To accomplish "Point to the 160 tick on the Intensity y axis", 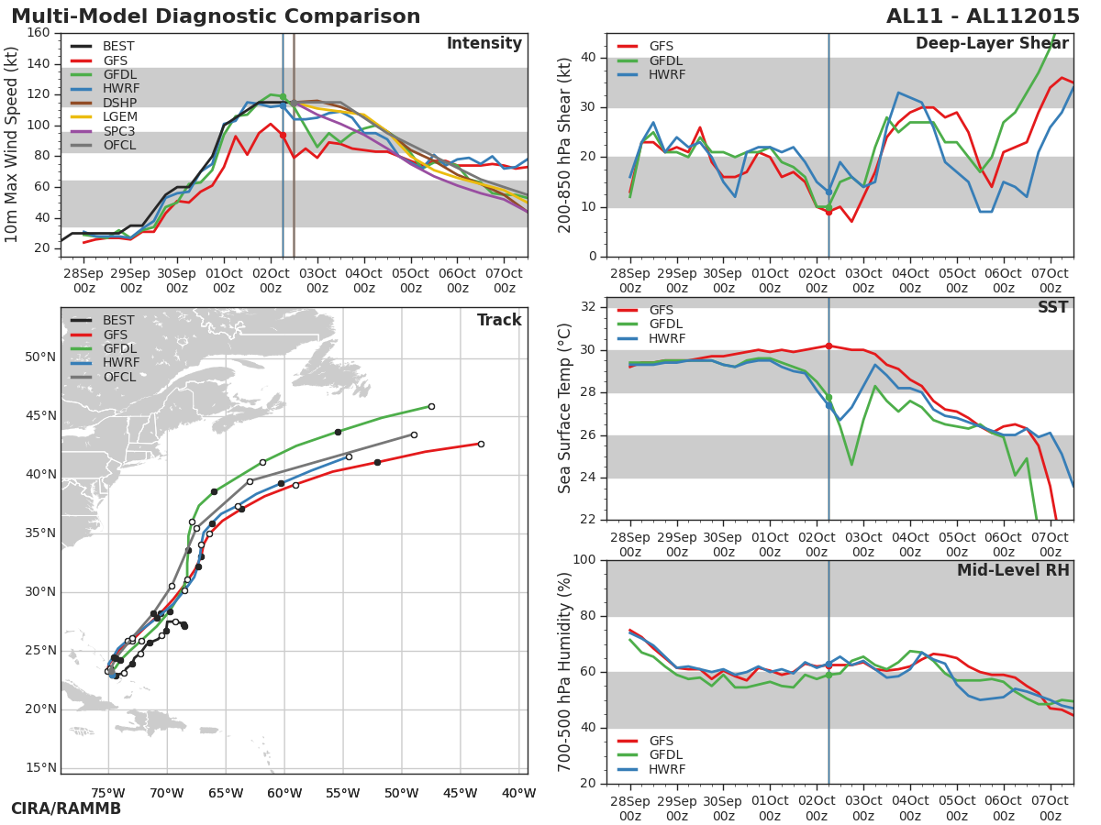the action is [39, 33].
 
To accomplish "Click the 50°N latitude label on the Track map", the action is [40, 357].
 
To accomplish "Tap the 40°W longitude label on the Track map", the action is [519, 794].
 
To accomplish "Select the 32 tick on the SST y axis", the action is [588, 306].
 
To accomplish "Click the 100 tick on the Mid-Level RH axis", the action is [584, 559].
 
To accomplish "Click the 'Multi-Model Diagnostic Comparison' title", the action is [216, 16].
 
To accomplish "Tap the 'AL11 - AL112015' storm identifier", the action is [983, 16].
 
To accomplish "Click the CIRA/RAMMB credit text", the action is [66, 808].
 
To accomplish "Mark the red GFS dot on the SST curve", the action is [829, 346].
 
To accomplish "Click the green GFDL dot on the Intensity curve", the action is [283, 96].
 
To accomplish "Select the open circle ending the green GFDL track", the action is [431, 406].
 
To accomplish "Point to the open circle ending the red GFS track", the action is [481, 444].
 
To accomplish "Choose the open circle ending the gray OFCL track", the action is [414, 434].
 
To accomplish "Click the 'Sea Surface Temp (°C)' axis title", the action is [564, 408].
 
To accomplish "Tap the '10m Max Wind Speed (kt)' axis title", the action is [11, 145].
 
